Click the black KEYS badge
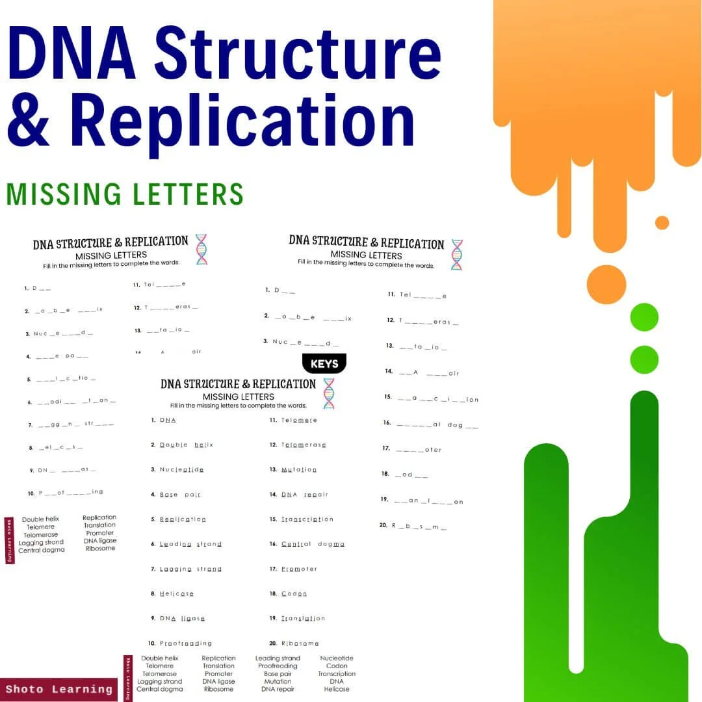coord(324,364)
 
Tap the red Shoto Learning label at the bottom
coord(59,689)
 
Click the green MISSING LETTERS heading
coord(125,194)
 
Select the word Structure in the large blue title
coord(298,56)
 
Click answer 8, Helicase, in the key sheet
coord(176,593)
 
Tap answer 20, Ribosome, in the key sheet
coord(300,643)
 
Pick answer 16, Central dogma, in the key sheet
coord(313,544)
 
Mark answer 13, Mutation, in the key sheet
coord(299,469)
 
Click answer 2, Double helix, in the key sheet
coord(186,445)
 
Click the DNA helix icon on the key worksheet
coord(329,393)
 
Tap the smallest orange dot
coord(662,223)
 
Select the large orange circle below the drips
coord(606,285)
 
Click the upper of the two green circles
coord(644,317)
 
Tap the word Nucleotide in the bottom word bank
coord(337,658)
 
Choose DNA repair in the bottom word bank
coord(278,689)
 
